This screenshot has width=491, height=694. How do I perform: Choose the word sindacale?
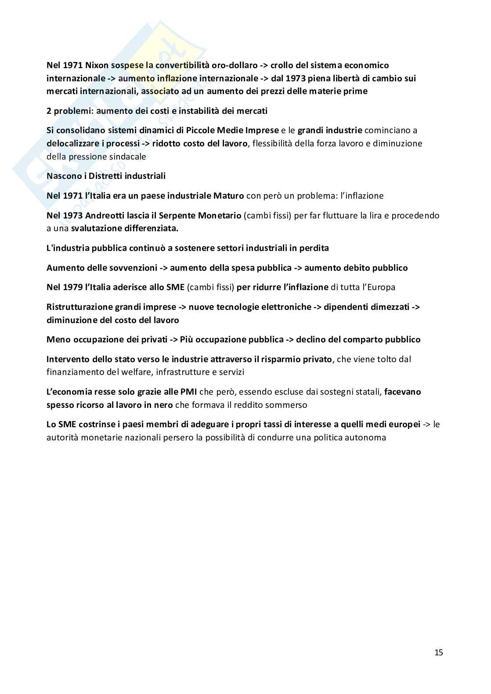[x=127, y=157]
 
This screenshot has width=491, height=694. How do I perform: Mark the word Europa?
[x=380, y=287]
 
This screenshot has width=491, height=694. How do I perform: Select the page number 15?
[x=438, y=653]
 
